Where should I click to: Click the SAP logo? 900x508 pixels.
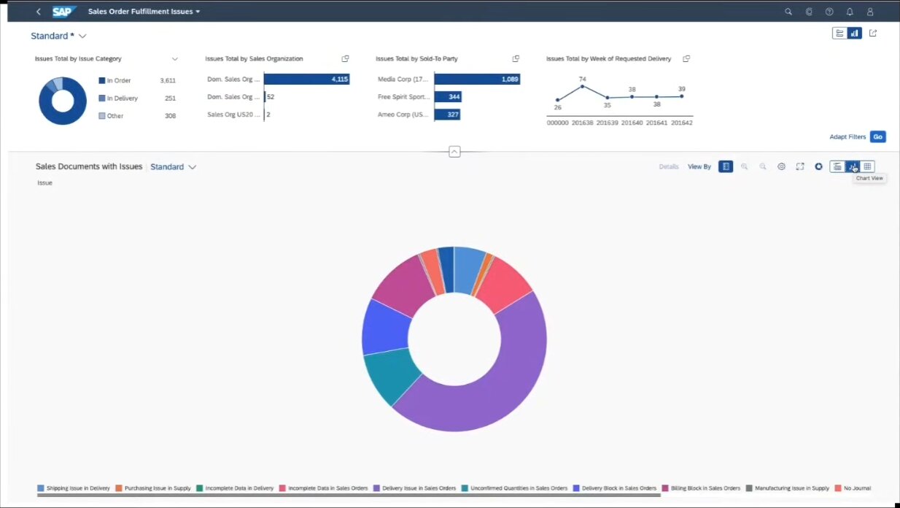64,12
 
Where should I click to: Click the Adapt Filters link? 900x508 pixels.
847,136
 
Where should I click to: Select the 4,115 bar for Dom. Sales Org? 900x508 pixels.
306,80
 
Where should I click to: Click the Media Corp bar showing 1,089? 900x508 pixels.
477,80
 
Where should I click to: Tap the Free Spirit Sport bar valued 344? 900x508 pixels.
448,97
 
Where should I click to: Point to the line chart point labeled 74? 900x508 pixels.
582,86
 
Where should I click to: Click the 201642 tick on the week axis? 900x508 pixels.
681,123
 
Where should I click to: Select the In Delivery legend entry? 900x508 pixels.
118,98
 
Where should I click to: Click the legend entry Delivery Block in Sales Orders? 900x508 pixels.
615,488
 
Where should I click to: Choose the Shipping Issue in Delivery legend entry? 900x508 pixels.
74,488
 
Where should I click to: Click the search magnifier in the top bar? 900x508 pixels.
788,12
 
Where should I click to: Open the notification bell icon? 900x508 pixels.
850,12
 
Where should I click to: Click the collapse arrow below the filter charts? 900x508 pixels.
454,152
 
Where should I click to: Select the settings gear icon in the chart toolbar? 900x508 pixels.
781,166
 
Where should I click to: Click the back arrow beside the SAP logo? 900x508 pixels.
39,12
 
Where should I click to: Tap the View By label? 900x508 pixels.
699,166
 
